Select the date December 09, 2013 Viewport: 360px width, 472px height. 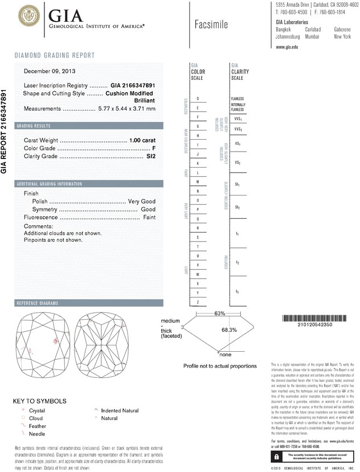pos(50,71)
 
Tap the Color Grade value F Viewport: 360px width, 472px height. pos(154,148)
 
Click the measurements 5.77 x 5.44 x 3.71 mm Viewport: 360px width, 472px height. pos(126,108)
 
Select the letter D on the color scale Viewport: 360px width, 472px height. pos(198,99)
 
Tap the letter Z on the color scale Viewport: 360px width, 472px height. pos(198,301)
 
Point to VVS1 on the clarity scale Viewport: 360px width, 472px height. pos(238,119)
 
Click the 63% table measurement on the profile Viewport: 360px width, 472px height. pos(204,314)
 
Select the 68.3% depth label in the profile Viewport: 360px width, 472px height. pos(229,329)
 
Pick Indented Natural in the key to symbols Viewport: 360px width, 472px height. pos(120,410)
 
